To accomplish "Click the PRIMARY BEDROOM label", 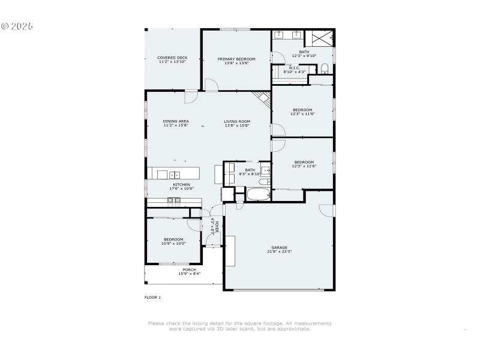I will click(x=236, y=59).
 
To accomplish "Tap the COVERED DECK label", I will click(x=172, y=58).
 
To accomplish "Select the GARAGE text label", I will click(x=279, y=247).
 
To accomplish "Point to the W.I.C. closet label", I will click(x=294, y=68).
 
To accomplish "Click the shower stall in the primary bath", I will click(x=319, y=38).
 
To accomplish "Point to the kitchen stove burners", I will click(x=174, y=200).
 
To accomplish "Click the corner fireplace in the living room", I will click(x=262, y=98).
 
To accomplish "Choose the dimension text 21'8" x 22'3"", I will click(x=279, y=251).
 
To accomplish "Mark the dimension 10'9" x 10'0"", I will click(x=173, y=244).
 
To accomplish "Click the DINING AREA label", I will click(x=175, y=121).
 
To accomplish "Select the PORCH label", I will click(x=189, y=270).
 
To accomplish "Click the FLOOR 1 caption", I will click(x=152, y=297).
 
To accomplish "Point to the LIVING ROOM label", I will click(x=237, y=121).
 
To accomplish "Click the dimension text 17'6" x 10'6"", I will click(x=182, y=188).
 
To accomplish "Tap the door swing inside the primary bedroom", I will click(x=211, y=85).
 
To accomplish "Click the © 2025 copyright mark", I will click(x=17, y=26).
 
